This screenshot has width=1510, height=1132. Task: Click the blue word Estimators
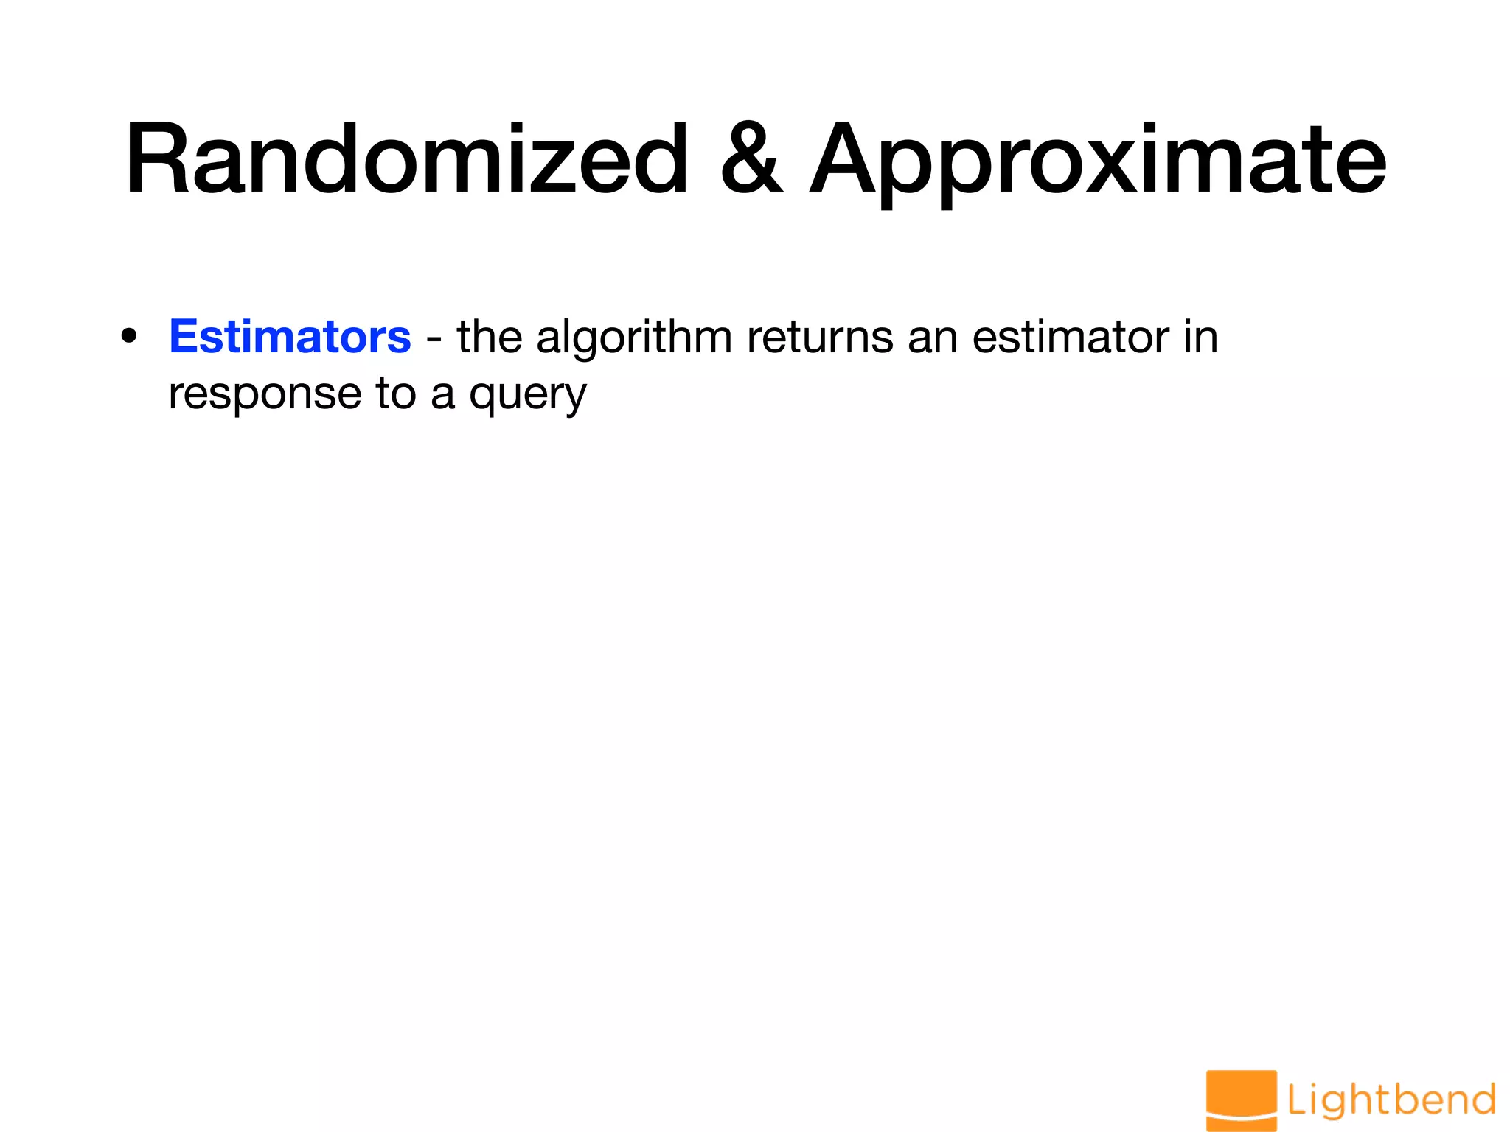(290, 337)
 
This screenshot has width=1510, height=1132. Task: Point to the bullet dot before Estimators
(129, 337)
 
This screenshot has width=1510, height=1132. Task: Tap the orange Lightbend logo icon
(1241, 1100)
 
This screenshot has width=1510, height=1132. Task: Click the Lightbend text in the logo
(1391, 1100)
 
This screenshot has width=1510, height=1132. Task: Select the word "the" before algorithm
(490, 338)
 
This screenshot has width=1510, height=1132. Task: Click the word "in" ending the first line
(1201, 338)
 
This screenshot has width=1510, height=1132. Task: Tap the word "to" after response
(396, 394)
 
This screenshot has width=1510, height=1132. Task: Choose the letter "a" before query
(442, 396)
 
